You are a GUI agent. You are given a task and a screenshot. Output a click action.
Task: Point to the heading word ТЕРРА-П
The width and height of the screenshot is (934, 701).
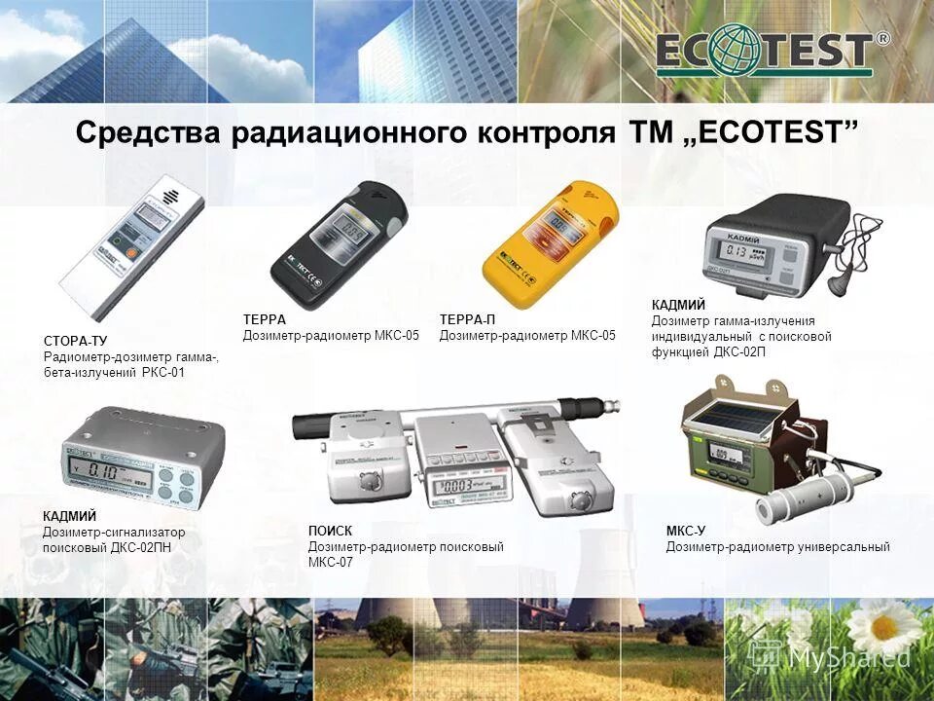[468, 319]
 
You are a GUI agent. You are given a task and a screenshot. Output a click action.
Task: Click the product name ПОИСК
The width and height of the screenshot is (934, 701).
[329, 531]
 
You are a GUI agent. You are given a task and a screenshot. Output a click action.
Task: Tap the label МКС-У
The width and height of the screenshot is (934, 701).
[685, 531]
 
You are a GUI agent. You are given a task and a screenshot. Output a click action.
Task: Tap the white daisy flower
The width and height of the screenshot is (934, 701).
[881, 628]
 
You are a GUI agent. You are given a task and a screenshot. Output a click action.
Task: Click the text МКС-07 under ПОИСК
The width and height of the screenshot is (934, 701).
[331, 562]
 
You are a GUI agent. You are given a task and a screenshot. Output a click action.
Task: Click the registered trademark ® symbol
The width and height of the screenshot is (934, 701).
[882, 40]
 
